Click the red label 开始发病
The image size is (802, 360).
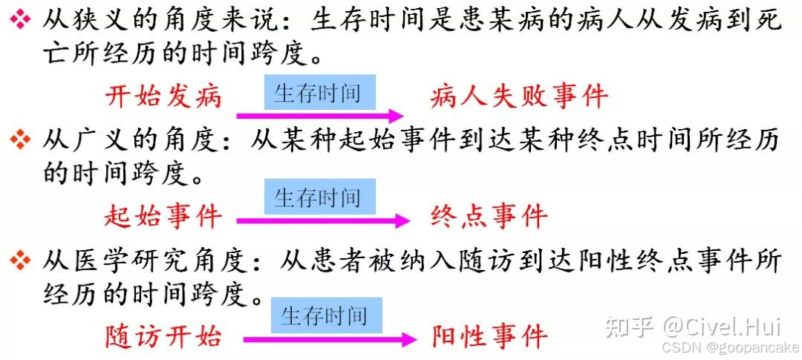coord(163,96)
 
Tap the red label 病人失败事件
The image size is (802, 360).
coord(519,96)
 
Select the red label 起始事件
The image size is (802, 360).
coord(163,217)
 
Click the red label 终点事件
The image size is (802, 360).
coord(489,217)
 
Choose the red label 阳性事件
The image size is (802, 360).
coord(489,336)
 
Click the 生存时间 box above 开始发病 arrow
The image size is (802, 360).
coord(320,93)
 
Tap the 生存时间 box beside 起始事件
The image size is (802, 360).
coord(320,197)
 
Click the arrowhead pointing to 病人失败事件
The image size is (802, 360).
coord(397,116)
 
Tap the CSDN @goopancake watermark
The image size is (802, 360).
coord(729,347)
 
